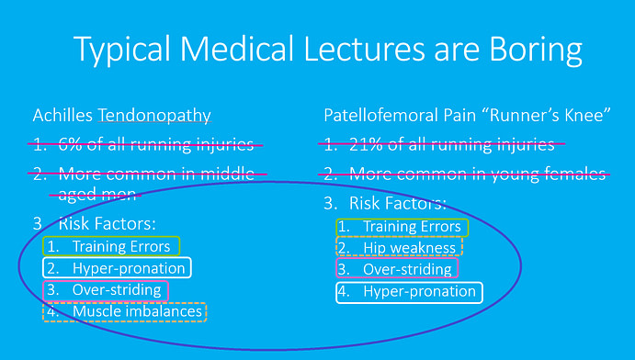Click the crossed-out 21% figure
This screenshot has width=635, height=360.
tap(366, 144)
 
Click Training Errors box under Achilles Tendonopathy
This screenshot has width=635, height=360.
tap(111, 245)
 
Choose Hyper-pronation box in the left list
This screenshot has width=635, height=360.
tap(117, 268)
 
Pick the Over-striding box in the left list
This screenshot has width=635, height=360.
tap(106, 290)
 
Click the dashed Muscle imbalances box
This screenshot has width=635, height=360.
tap(125, 312)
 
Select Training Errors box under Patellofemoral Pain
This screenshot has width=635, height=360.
tap(402, 226)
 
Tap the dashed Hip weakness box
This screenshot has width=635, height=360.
tap(398, 248)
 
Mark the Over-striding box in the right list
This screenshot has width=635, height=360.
tap(396, 269)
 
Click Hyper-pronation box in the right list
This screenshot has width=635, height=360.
tap(408, 292)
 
